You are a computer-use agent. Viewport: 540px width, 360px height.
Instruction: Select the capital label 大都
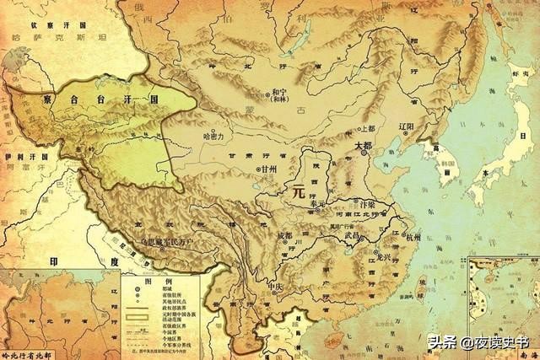(363, 145)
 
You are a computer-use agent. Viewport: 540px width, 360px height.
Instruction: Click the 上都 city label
(366, 129)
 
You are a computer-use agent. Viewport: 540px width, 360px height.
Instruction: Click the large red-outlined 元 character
(296, 191)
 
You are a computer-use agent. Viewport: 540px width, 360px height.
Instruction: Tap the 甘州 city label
(269, 169)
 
